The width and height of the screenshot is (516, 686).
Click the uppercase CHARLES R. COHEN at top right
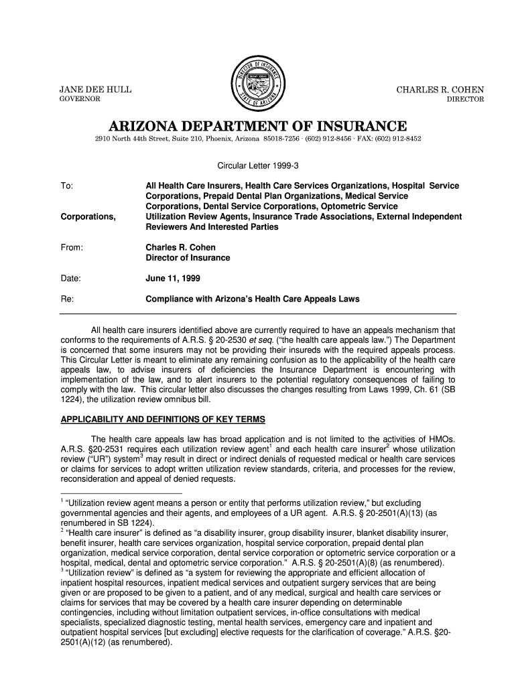tap(440, 90)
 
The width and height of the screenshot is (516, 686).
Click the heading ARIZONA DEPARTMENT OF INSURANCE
tap(258, 126)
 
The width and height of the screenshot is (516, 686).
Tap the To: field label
tap(67, 184)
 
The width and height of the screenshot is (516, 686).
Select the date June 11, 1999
tap(172, 278)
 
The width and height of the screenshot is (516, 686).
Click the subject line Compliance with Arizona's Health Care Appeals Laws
tap(253, 299)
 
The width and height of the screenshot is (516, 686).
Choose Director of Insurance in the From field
tap(188, 258)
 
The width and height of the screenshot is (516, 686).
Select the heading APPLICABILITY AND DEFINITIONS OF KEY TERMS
tap(163, 420)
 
